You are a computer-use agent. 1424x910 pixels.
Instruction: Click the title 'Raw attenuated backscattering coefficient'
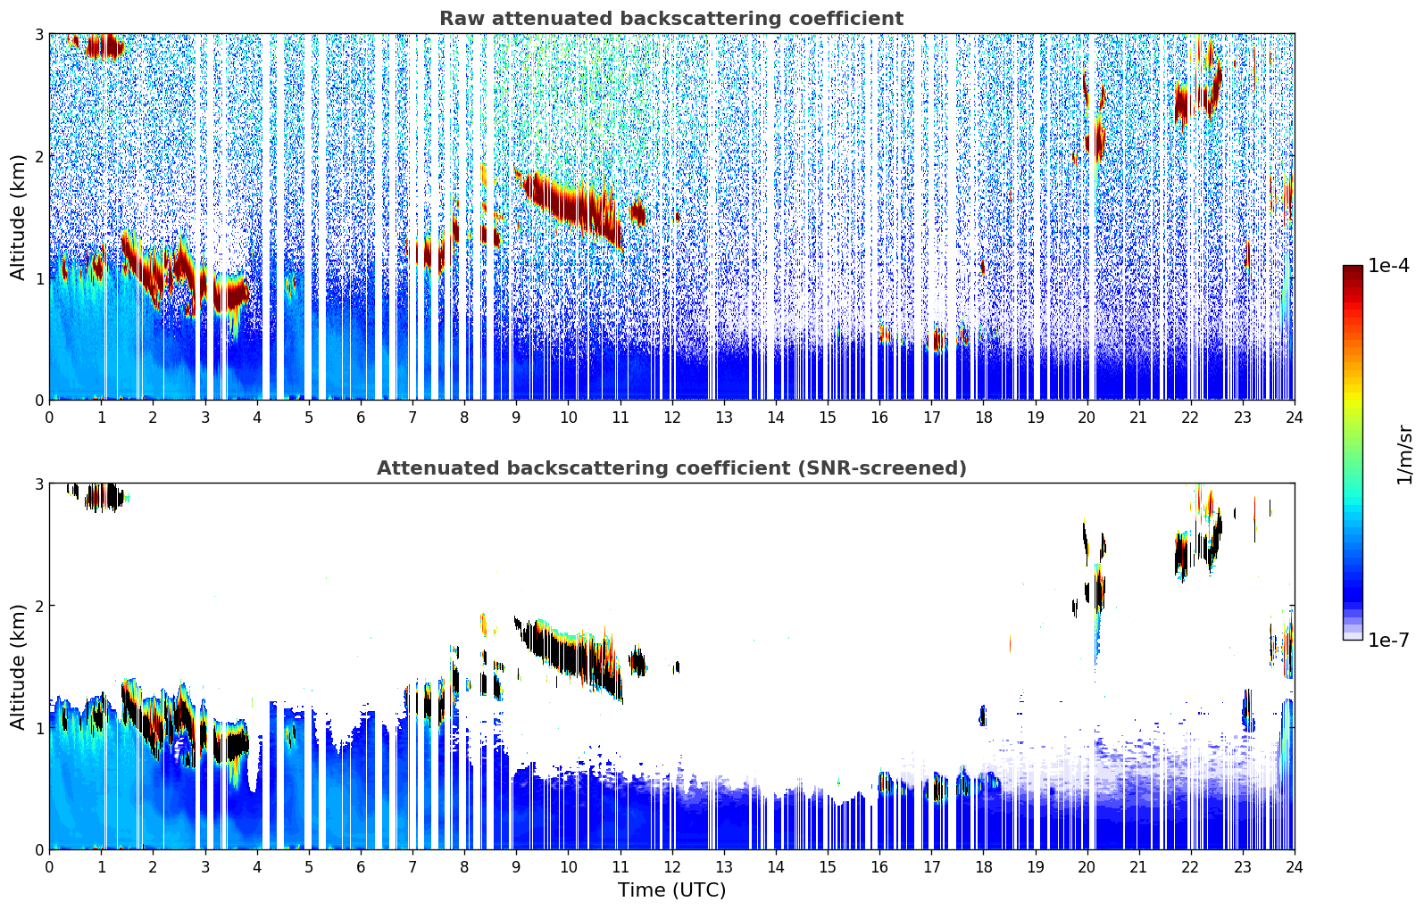point(670,19)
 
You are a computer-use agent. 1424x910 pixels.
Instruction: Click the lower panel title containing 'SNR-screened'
point(670,468)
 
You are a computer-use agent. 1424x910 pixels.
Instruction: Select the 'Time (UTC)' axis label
point(671,890)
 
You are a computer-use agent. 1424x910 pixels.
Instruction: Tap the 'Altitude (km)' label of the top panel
point(18,217)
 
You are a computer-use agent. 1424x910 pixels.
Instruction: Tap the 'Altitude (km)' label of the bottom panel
point(18,666)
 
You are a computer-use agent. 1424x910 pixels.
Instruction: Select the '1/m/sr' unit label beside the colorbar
point(1404,455)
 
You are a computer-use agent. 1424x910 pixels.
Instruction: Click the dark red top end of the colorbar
point(1353,269)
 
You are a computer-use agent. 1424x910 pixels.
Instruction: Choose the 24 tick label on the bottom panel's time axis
point(1294,867)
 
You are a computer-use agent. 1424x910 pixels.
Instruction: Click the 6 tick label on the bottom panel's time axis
point(361,867)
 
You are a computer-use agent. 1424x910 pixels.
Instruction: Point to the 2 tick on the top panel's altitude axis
point(38,156)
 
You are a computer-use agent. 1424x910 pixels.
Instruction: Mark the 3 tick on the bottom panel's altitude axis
point(38,484)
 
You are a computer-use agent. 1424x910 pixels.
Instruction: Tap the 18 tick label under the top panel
point(983,418)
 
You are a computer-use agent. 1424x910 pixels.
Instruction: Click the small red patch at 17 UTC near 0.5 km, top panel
point(937,340)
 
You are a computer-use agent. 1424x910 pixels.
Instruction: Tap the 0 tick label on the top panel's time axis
point(49,418)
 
